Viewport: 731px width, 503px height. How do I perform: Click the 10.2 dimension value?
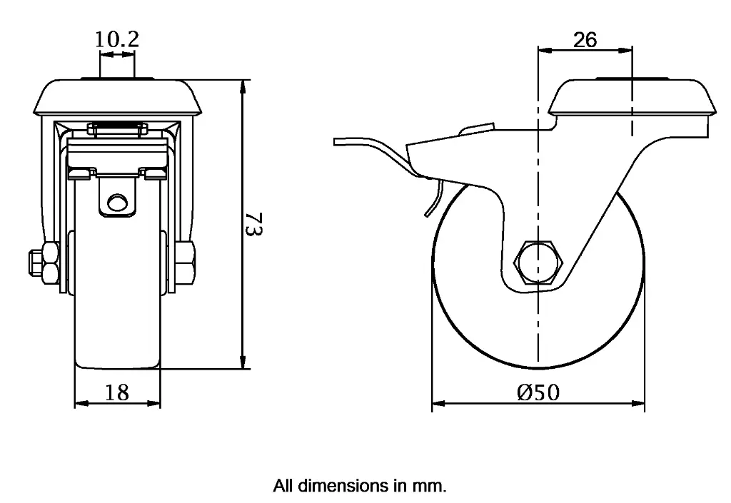tap(117, 39)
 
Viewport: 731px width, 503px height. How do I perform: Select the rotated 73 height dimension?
tap(256, 223)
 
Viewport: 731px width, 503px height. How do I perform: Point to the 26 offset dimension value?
tap(585, 40)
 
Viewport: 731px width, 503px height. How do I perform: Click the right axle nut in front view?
tap(188, 263)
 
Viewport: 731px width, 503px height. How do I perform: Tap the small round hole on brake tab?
tap(117, 203)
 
